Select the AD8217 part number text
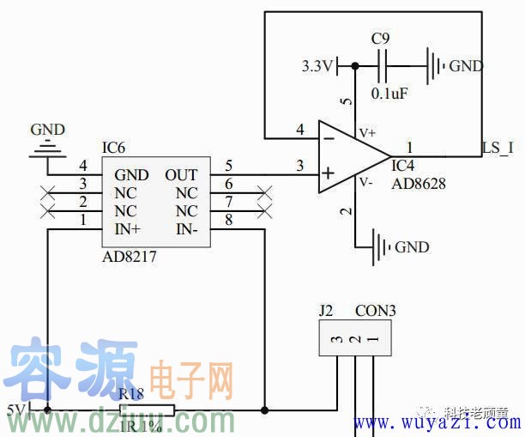click(130, 257)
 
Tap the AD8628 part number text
click(419, 184)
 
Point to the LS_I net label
click(498, 148)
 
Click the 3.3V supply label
click(317, 66)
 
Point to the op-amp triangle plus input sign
click(327, 174)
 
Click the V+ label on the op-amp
click(367, 133)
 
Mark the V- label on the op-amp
click(366, 182)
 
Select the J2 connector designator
click(326, 311)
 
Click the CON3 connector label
click(376, 311)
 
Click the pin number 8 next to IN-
click(228, 222)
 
